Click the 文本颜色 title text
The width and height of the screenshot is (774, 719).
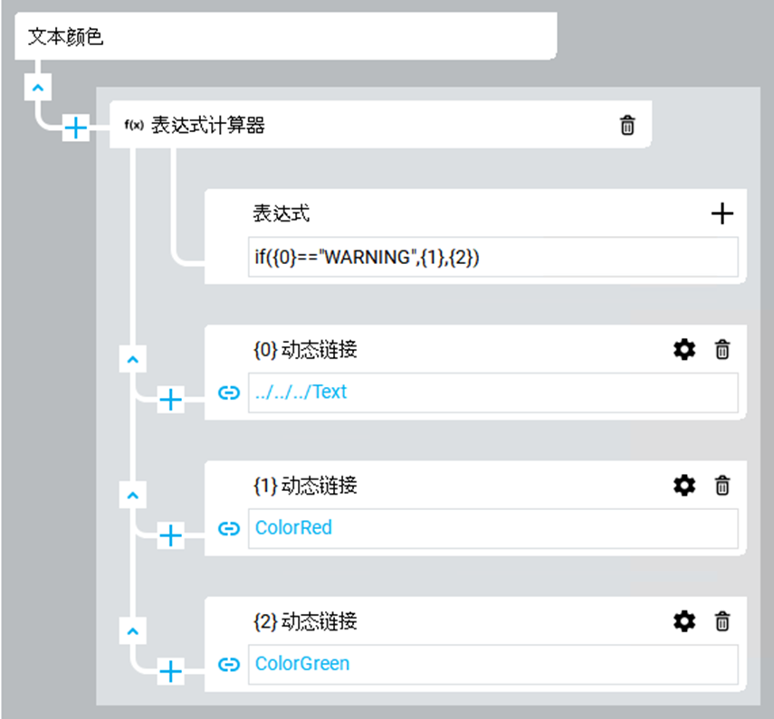point(66,38)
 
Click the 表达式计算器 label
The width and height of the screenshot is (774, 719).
point(207,126)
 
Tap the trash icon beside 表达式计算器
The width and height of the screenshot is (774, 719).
point(627,126)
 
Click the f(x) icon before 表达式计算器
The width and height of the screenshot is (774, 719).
point(134,126)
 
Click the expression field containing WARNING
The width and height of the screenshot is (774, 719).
point(492,257)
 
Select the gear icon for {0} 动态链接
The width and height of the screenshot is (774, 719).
point(684,349)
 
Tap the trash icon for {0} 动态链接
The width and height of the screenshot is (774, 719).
point(722,349)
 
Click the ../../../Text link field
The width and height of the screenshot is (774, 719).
point(492,393)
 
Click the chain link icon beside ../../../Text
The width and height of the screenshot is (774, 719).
point(230,393)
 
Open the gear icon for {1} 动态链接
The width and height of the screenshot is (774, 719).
point(684,486)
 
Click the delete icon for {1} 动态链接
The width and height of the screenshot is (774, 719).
point(722,486)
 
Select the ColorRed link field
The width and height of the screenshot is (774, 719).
point(492,528)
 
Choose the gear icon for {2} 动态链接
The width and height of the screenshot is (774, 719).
point(684,621)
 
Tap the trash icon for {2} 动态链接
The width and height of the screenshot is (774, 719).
point(722,621)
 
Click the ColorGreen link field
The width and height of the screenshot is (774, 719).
point(492,665)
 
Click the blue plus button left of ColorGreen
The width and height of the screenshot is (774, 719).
point(170,671)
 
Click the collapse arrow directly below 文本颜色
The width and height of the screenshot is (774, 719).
point(37,87)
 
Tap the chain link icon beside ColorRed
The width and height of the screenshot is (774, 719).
point(230,528)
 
